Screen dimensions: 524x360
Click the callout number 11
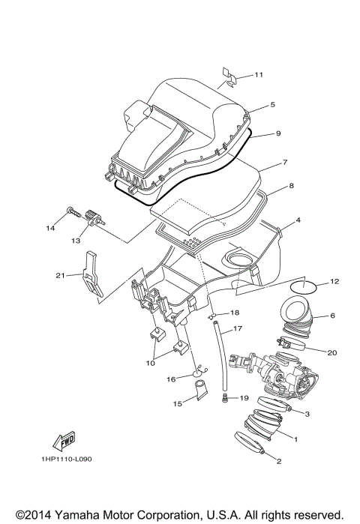point(259,75)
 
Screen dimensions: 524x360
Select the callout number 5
point(272,104)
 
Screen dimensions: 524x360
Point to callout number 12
point(334,282)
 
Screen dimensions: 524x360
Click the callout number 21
point(61,275)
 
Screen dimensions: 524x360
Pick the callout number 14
point(52,228)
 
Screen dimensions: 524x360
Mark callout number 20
point(332,351)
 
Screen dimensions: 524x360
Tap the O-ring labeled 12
point(302,284)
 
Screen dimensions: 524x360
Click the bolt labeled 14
point(72,212)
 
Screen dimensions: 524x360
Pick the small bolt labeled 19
point(225,399)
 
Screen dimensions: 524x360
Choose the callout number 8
point(291,184)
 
